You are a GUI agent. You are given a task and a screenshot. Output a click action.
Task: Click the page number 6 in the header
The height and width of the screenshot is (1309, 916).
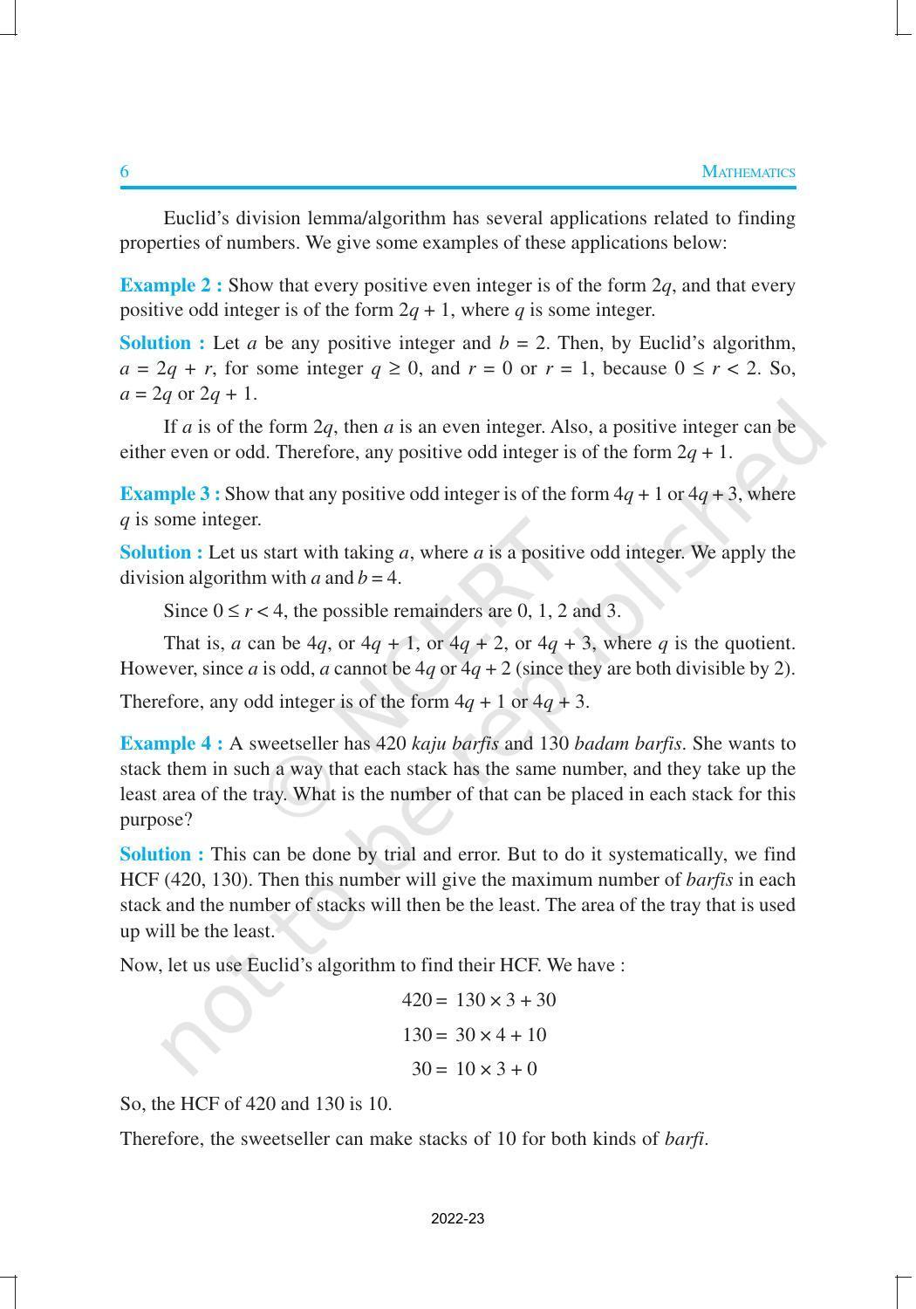[x=125, y=172]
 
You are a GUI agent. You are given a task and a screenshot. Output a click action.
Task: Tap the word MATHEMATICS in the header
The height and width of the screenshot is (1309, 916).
[x=749, y=172]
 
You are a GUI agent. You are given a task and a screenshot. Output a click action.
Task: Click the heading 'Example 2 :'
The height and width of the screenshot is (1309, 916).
[x=171, y=285]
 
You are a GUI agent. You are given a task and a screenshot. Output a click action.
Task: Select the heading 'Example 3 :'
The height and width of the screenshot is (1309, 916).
[x=169, y=494]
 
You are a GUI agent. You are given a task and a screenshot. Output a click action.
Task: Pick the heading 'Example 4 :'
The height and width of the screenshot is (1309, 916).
[x=171, y=744]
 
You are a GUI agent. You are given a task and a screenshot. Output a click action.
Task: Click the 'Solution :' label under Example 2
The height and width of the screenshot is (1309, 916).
[x=162, y=343]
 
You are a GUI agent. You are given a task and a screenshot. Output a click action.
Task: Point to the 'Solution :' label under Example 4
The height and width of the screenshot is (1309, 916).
[x=162, y=854]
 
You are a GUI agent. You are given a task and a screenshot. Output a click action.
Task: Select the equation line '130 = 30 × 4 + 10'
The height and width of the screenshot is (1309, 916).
[x=475, y=1035]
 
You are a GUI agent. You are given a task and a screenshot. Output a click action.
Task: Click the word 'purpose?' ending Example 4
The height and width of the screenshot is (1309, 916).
[x=155, y=819]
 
